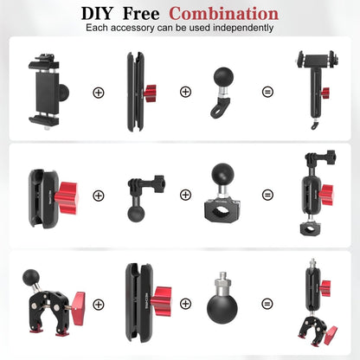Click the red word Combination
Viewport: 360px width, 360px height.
click(224, 14)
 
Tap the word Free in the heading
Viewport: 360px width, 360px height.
click(145, 14)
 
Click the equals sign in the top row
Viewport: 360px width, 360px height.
click(267, 92)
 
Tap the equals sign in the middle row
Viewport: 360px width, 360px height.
click(267, 196)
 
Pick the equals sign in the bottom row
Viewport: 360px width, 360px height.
click(267, 304)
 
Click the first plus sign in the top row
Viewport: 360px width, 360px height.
click(98, 92)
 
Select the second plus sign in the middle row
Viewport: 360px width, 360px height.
click(185, 196)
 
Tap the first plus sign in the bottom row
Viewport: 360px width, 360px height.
click(98, 304)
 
